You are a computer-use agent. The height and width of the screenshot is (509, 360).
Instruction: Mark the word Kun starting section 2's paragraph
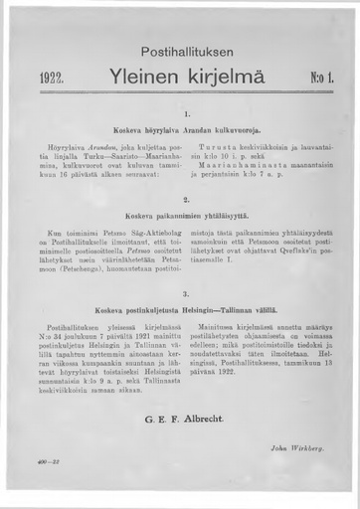pos(57,231)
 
